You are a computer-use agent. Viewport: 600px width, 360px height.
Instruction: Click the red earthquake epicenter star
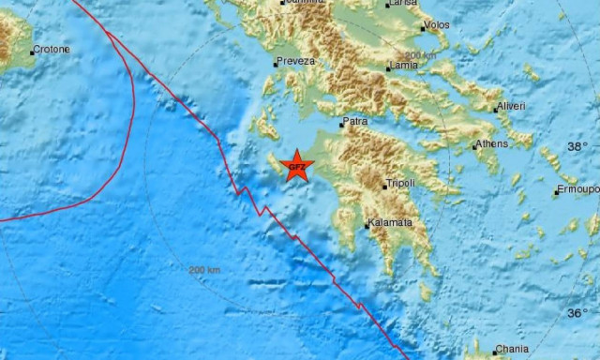coord(296,166)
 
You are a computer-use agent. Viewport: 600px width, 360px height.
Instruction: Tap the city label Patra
coord(355,121)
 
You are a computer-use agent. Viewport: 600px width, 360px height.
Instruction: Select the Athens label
coord(492,143)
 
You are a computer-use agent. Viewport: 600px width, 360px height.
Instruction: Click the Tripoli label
coord(399,184)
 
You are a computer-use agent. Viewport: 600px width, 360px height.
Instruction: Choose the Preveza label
coord(292,62)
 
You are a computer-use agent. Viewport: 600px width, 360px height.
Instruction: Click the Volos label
coord(436,24)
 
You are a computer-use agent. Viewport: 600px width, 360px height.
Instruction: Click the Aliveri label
coord(512,106)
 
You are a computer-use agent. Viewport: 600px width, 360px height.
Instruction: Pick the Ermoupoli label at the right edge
coord(578,190)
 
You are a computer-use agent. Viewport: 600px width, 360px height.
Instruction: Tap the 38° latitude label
coord(577,147)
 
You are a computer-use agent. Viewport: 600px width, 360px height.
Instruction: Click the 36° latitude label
coord(577,313)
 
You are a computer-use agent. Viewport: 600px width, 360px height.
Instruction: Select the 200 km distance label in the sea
coord(204,270)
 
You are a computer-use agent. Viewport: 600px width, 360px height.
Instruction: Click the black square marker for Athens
coord(474,146)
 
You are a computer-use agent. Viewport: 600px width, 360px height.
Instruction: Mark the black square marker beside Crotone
coord(32,52)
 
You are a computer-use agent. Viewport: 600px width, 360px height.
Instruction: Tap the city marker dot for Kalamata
coord(367,225)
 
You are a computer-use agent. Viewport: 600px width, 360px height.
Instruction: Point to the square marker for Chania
coord(496,352)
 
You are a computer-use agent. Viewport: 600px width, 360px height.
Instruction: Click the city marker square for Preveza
coord(276,65)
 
